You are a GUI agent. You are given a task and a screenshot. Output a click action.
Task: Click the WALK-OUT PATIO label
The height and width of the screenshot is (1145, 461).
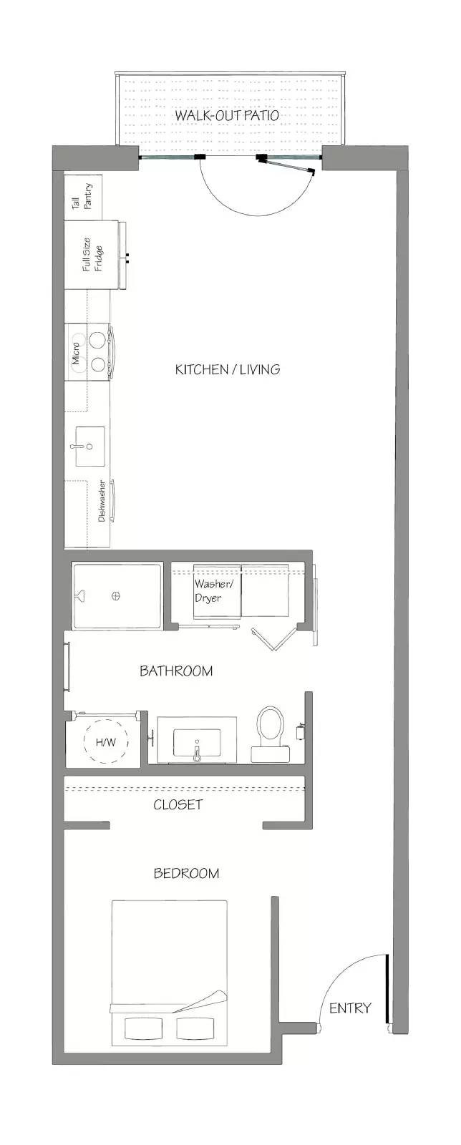click(227, 115)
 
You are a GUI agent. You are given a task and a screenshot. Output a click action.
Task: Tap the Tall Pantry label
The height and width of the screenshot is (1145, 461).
click(82, 197)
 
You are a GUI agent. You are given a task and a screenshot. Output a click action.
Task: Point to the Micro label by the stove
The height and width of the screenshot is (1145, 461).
click(76, 354)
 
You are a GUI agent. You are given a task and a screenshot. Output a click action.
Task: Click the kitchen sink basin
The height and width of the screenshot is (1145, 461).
click(90, 447)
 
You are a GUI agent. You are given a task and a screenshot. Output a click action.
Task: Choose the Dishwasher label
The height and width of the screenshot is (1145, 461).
click(102, 501)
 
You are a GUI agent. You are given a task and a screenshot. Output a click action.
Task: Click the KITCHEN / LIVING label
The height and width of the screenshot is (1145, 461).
click(228, 369)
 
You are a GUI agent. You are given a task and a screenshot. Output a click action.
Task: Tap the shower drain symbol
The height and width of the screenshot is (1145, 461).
click(116, 595)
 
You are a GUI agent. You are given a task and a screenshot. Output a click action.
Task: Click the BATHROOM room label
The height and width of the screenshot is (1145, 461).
click(176, 671)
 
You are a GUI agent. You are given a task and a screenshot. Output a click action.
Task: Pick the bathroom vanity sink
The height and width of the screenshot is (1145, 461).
click(197, 744)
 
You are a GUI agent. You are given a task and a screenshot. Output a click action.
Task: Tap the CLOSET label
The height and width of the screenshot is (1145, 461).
click(178, 804)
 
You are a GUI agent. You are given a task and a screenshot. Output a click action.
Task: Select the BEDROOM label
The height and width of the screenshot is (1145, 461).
click(187, 873)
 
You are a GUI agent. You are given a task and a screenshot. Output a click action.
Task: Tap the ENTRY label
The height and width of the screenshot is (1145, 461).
click(350, 1008)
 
